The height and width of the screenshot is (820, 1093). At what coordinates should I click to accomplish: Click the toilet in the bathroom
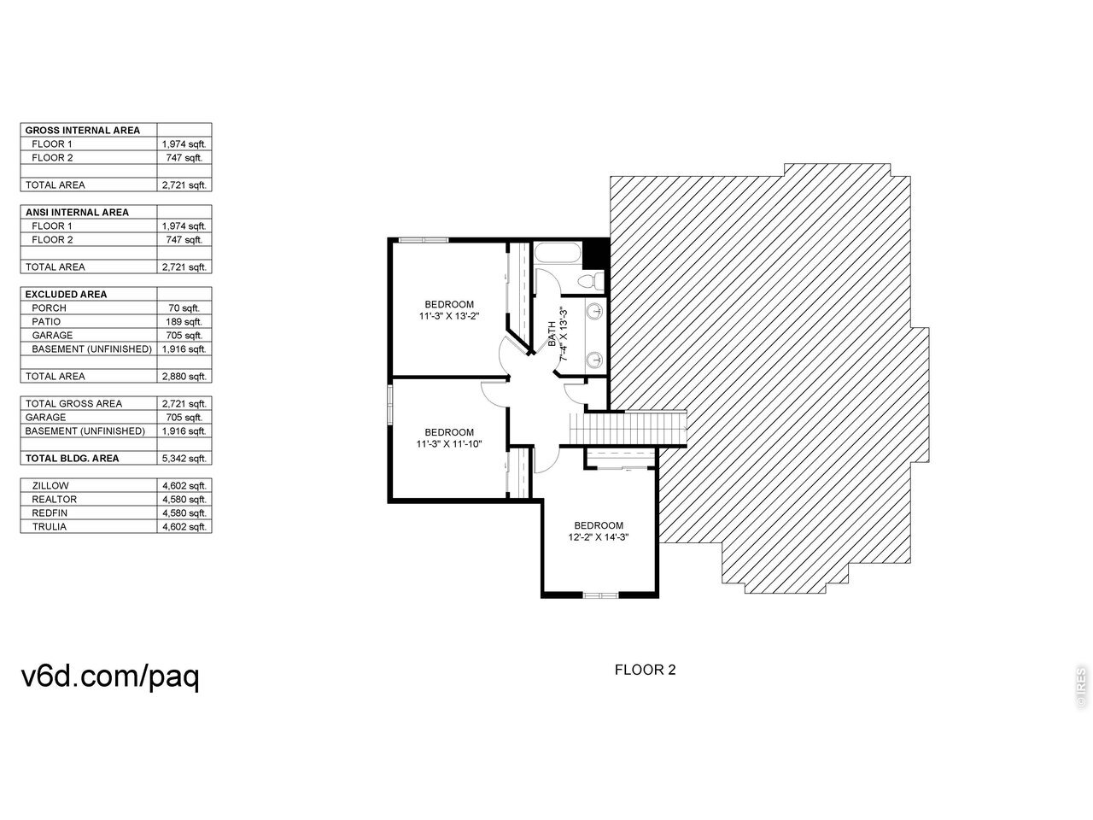[592, 281]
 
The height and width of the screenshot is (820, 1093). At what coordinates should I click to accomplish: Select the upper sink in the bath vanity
[594, 313]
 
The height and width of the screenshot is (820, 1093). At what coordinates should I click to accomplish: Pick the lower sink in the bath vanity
[594, 359]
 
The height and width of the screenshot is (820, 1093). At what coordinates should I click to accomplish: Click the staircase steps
[628, 428]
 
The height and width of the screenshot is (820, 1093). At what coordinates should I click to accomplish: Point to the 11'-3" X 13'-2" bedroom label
[448, 310]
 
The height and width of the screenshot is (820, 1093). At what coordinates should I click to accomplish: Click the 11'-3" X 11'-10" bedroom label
[448, 437]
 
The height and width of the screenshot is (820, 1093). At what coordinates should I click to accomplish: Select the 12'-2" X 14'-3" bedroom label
[598, 530]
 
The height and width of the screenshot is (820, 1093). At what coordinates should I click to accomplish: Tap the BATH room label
[552, 334]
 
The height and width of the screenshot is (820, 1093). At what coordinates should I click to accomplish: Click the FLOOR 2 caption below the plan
[645, 670]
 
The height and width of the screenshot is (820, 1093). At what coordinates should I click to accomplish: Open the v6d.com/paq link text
[110, 676]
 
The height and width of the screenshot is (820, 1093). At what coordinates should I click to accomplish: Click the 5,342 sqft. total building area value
[184, 458]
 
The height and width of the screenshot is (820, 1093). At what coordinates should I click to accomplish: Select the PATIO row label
[46, 322]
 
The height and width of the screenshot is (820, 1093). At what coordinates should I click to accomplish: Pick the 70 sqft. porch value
[184, 308]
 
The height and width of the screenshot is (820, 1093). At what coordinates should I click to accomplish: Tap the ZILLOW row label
[50, 485]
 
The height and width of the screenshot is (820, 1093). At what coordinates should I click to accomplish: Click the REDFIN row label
[50, 512]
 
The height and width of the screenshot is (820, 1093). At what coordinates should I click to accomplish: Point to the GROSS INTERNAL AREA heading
[83, 131]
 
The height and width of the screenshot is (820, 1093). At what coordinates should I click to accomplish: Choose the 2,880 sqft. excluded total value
[184, 377]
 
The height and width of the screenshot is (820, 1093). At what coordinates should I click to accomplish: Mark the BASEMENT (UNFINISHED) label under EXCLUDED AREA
[91, 349]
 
